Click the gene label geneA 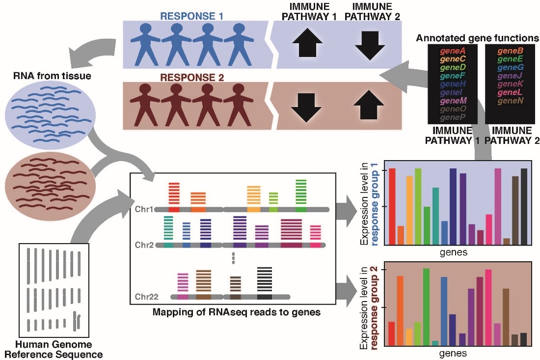(452, 51)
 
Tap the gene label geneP (452, 118)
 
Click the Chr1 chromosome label (144, 209)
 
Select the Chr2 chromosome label (144, 245)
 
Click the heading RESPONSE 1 (192, 16)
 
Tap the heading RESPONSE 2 (192, 77)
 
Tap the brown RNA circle (48, 183)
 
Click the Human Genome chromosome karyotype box (54, 289)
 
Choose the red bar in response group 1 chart (392, 206)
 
